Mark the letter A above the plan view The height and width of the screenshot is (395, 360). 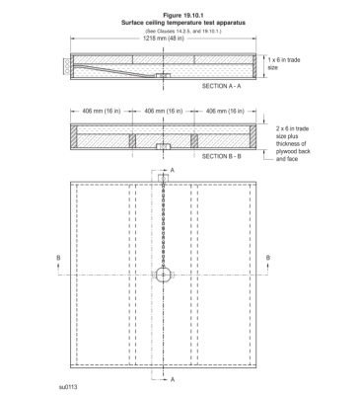[x=173, y=171]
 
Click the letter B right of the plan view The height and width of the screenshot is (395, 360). [x=280, y=260]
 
